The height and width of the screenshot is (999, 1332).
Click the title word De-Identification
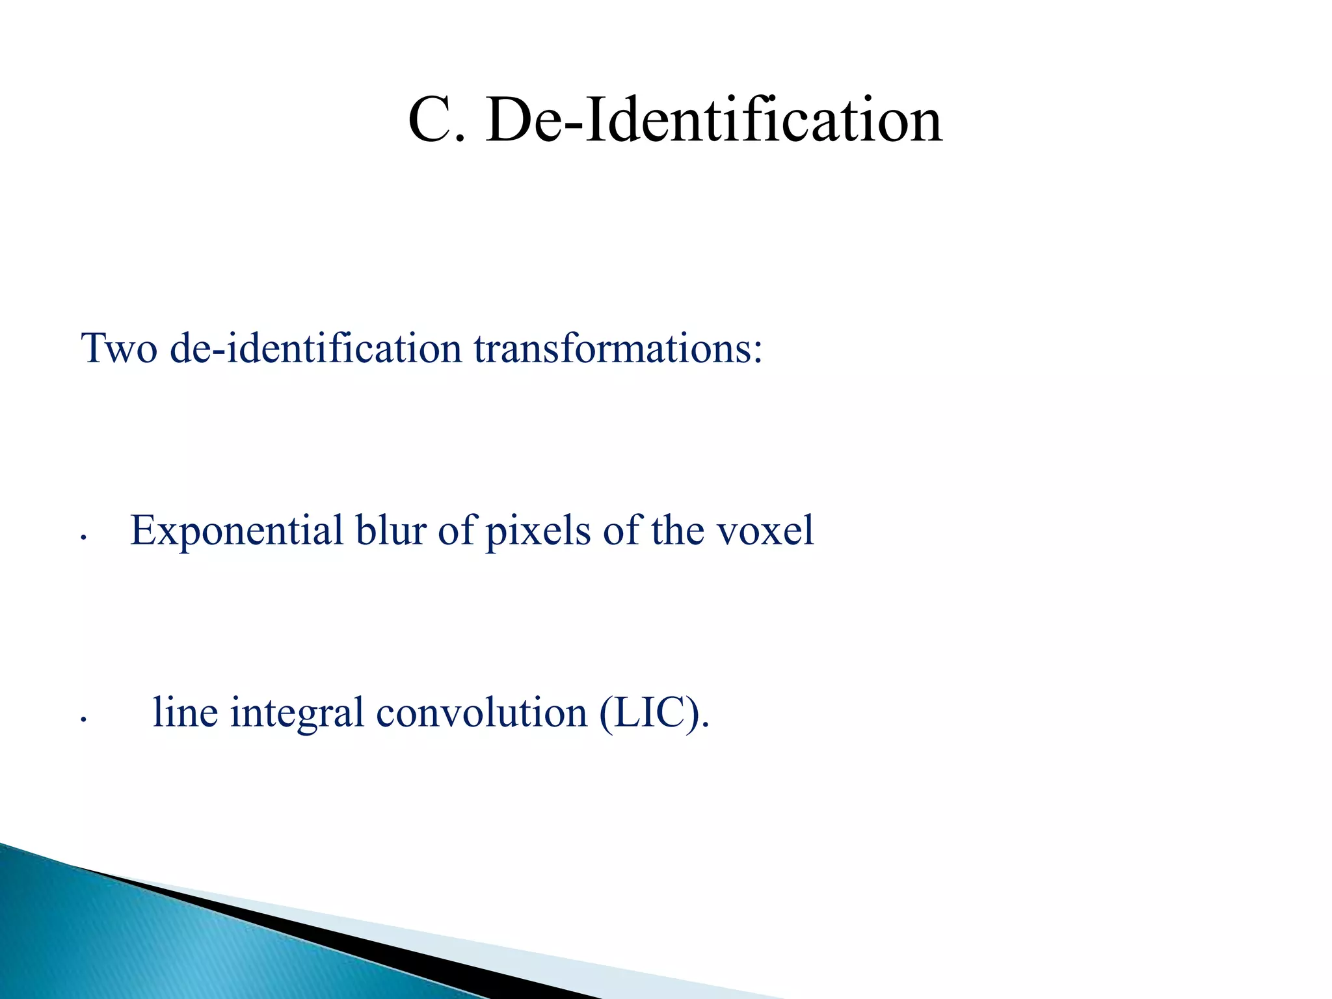pyautogui.click(x=713, y=121)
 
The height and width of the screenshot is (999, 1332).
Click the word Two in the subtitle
pyautogui.click(x=119, y=348)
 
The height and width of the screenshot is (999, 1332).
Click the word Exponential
pyautogui.click(x=237, y=530)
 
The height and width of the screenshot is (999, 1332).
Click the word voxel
pyautogui.click(x=765, y=530)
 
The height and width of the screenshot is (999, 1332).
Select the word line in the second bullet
pyautogui.click(x=185, y=712)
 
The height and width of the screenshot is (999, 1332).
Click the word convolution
pyautogui.click(x=481, y=712)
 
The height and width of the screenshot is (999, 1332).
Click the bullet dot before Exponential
pyautogui.click(x=83, y=537)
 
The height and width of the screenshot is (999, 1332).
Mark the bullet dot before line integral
pyautogui.click(x=83, y=719)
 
